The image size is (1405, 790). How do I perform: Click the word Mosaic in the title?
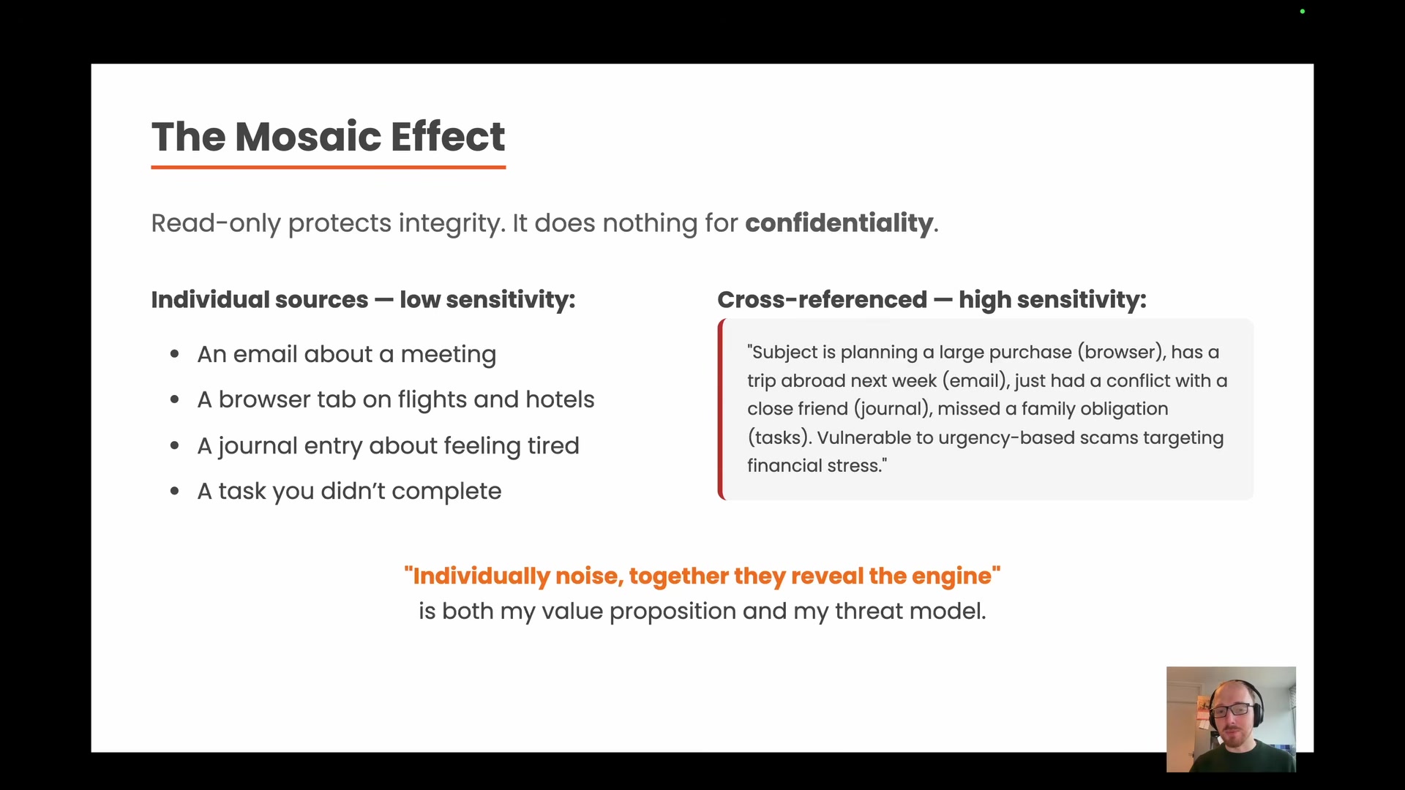click(308, 137)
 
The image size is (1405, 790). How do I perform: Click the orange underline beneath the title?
click(328, 168)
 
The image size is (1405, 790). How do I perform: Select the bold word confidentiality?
click(839, 223)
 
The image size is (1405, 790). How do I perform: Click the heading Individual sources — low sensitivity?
click(363, 300)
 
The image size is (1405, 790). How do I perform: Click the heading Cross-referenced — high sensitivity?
click(931, 300)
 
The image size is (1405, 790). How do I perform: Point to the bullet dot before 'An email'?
click(175, 355)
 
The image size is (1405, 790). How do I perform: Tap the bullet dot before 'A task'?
click(175, 492)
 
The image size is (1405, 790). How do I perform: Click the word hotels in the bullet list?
click(560, 400)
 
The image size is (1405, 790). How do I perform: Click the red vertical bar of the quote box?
click(722, 410)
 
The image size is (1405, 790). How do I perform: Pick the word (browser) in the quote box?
click(1121, 353)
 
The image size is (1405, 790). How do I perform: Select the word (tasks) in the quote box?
click(779, 438)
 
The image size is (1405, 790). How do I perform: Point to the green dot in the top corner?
click(1303, 12)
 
